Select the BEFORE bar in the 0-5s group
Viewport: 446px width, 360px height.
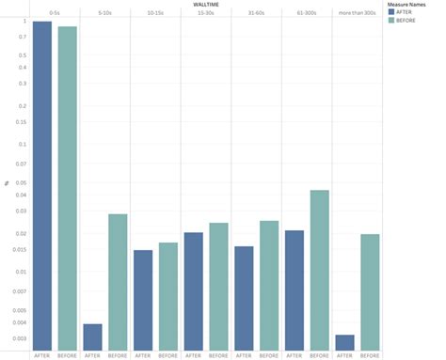pos(68,188)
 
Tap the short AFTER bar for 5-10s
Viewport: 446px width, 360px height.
pos(92,337)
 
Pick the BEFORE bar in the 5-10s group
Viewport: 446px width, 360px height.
pos(118,282)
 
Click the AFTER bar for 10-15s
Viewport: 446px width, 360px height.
pos(143,300)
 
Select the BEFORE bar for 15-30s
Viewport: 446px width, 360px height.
pos(218,287)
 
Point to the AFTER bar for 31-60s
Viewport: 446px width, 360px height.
pos(244,298)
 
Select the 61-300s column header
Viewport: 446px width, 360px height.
pos(306,12)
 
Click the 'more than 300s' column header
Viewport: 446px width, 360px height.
pos(357,12)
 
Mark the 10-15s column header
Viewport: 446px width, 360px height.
pos(155,12)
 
